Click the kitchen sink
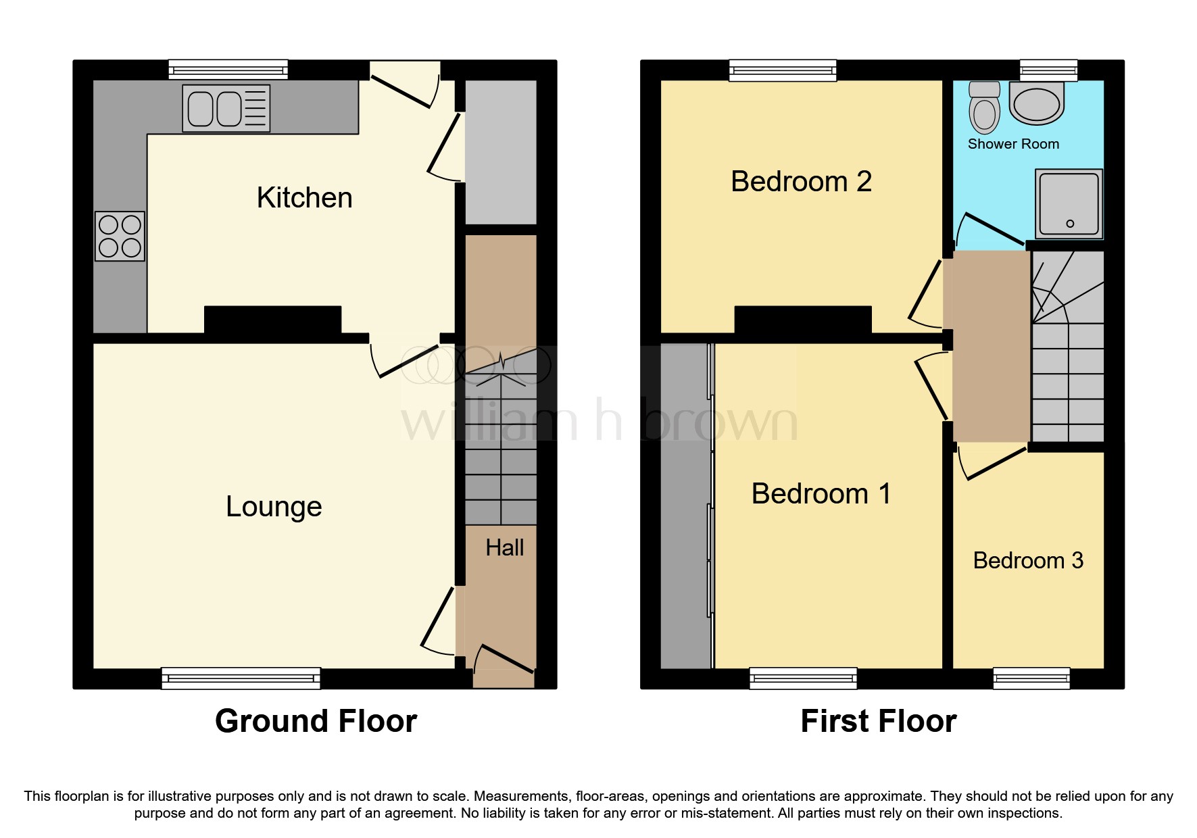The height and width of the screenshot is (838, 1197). point(226,108)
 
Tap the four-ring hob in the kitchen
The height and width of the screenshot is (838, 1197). point(120,236)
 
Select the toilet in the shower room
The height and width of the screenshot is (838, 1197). point(984,107)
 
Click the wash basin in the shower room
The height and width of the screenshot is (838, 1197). point(1036,103)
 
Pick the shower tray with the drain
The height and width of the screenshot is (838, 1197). point(1069,203)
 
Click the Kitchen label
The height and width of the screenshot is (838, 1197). point(305,198)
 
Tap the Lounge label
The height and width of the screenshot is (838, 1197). point(274,506)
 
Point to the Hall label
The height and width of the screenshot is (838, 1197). point(505,547)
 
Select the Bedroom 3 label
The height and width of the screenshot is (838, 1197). point(1028,560)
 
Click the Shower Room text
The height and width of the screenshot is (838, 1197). point(1013,144)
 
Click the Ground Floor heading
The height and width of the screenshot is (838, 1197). point(316,721)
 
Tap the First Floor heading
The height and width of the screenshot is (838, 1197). point(878,721)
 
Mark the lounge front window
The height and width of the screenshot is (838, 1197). point(241,678)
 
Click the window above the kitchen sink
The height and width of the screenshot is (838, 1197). point(228,70)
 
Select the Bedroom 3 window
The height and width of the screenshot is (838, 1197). point(1031,678)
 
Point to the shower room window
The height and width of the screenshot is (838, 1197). point(1048,70)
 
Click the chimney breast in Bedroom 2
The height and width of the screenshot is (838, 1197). point(802,320)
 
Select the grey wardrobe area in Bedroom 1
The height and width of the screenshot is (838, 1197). point(685,506)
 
